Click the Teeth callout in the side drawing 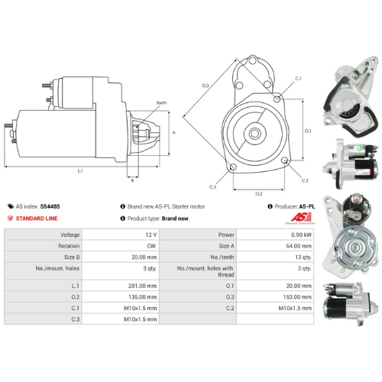[161, 102]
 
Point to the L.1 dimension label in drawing [80, 171]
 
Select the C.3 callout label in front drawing [212, 187]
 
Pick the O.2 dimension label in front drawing [258, 193]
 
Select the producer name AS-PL [306, 206]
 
